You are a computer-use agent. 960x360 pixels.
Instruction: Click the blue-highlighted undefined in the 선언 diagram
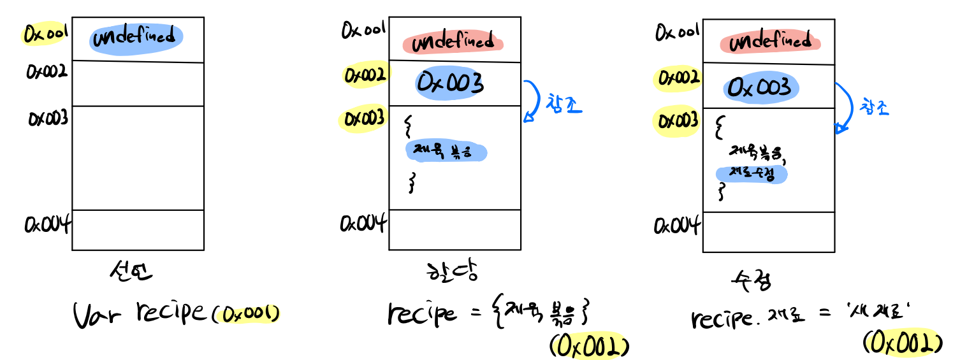coord(136,39)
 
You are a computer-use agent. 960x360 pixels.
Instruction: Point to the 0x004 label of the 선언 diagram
coord(47,224)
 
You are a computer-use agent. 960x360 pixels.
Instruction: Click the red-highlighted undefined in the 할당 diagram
coord(453,43)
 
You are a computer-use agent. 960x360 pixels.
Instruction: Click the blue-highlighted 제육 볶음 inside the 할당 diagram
coord(446,152)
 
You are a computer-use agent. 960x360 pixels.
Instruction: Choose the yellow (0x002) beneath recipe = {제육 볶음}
coord(590,347)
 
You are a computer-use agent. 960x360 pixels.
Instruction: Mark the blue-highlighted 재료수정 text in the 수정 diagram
coord(752,174)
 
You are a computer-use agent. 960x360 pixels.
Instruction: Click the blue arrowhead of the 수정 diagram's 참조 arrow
coord(841,130)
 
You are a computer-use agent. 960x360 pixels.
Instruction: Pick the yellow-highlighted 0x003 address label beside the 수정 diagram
coord(676,120)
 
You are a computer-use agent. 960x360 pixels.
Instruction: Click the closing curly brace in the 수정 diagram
coord(722,192)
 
